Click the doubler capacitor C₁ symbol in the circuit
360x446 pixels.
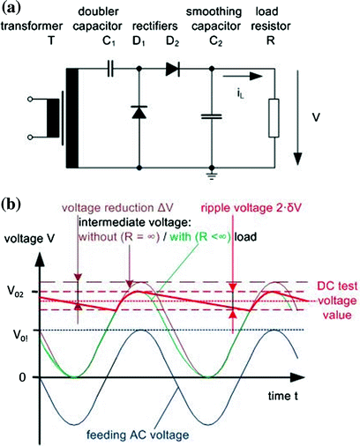tap(110, 69)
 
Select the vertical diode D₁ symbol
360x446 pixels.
tap(139, 112)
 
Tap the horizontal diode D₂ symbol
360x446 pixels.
tap(173, 69)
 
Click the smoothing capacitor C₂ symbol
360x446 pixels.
tap(212, 116)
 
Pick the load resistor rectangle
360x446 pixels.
tap(274, 118)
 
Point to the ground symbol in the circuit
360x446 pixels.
tap(212, 175)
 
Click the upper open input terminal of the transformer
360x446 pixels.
tap(29, 100)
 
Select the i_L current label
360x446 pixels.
tap(241, 93)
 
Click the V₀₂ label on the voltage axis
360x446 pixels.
tap(15, 293)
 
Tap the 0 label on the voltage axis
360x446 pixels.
tap(22, 377)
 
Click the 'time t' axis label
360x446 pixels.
tap(283, 396)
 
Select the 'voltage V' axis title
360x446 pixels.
tap(29, 239)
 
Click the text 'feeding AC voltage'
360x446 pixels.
tap(138, 435)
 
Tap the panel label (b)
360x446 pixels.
tap(11, 204)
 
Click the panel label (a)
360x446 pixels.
tap(11, 8)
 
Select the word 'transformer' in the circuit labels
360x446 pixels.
tap(32, 26)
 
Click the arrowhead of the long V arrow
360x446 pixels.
tap(298, 159)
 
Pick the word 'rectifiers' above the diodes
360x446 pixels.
tap(155, 26)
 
